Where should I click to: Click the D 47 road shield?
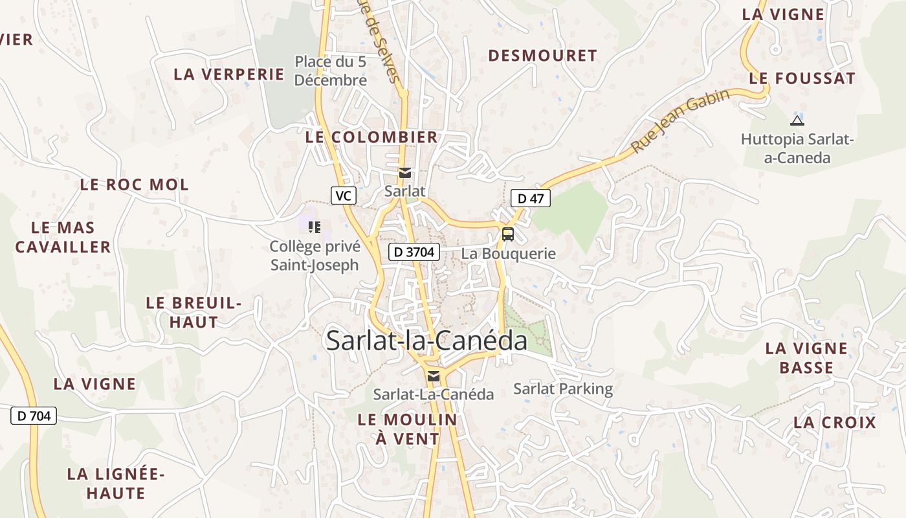point(531,198)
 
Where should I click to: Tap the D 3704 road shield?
point(414,252)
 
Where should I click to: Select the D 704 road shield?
point(34,416)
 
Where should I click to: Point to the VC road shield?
point(344,195)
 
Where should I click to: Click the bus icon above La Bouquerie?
point(508,234)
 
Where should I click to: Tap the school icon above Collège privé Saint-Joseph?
point(315,227)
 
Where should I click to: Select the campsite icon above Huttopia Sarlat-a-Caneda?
point(797,120)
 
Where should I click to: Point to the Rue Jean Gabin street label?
point(680,120)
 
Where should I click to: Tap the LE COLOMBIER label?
point(371,137)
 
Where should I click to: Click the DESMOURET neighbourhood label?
point(542,56)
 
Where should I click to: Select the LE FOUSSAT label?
point(802,78)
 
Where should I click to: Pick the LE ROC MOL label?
point(135,185)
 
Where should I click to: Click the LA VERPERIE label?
point(229,74)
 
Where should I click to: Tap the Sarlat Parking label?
point(563,388)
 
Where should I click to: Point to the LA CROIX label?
point(835,423)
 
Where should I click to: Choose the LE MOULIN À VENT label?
point(408,429)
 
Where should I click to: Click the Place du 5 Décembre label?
point(331,71)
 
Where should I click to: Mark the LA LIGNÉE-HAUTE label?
point(116,483)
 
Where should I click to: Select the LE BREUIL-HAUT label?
point(193,311)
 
